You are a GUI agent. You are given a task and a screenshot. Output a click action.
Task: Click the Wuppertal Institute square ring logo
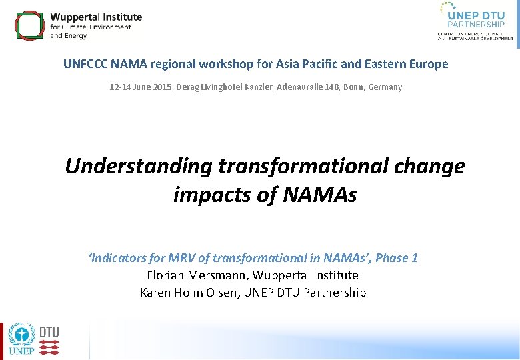pos(28,25)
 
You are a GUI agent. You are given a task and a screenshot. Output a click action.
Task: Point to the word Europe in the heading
pos(429,65)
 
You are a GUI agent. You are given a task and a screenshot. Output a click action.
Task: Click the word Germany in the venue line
pos(385,87)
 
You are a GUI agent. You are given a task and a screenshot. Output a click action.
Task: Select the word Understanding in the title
pos(139,166)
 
